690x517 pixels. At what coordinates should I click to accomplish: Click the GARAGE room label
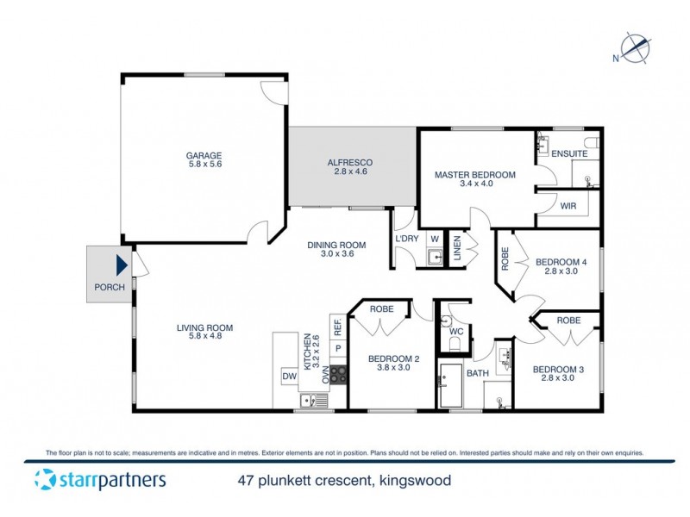click(204, 156)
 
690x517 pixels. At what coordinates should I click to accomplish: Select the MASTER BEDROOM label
click(474, 175)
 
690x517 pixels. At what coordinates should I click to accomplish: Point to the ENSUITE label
click(569, 153)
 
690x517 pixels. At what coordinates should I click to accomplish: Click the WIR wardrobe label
click(568, 207)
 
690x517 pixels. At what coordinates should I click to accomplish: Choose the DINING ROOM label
click(336, 245)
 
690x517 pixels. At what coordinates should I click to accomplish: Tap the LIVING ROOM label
click(204, 327)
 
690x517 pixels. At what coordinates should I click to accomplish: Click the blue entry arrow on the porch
click(122, 265)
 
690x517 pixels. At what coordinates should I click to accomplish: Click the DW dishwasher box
click(288, 376)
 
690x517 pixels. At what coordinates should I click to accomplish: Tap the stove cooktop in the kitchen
click(338, 375)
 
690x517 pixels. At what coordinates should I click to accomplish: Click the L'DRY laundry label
click(406, 239)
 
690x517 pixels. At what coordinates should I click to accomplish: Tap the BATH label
click(477, 374)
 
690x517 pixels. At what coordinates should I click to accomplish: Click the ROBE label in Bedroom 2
click(382, 308)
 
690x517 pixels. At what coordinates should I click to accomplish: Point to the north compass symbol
click(636, 48)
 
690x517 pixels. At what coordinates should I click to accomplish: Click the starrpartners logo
click(100, 480)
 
